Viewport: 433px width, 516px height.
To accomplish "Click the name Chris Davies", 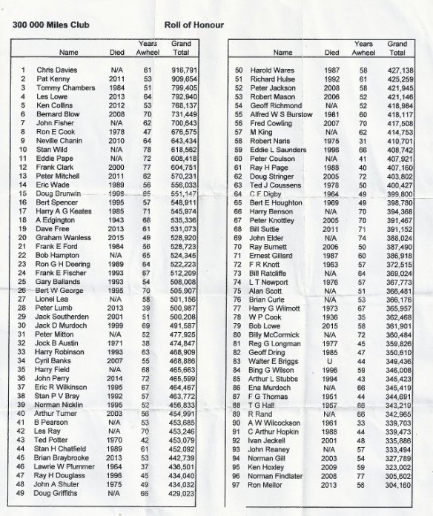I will (x=56, y=69).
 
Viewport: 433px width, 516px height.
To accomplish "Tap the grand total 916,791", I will (x=183, y=69).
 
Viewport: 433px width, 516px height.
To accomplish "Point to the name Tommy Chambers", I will (x=64, y=88).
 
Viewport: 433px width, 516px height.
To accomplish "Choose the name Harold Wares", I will (x=277, y=70).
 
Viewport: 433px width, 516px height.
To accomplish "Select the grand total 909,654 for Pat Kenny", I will (x=183, y=79).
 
